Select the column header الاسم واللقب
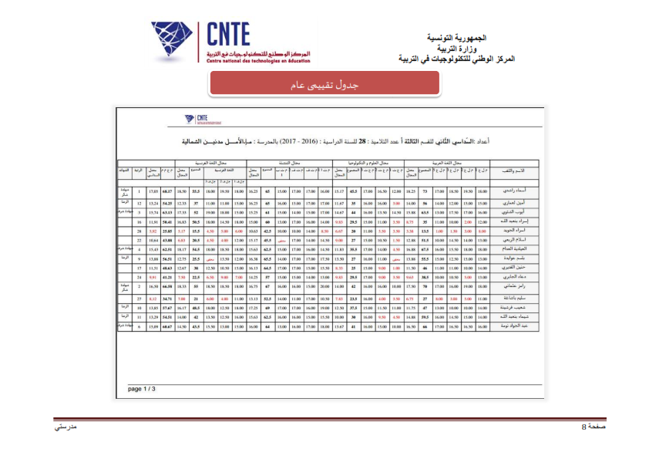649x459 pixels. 513,171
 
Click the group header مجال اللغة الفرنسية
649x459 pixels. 210,164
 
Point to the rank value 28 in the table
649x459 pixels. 139,231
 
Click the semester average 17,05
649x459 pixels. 153,191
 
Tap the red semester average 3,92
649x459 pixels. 153,231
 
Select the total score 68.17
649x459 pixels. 166,191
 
